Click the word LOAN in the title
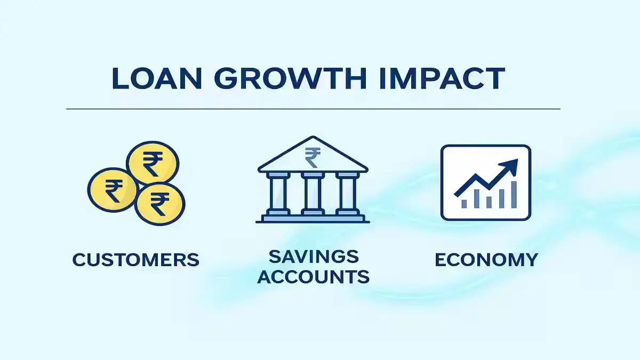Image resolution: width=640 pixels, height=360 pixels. click(157, 78)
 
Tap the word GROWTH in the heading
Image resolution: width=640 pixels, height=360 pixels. click(290, 78)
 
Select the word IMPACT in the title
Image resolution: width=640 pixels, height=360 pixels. click(442, 78)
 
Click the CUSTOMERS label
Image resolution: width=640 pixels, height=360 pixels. click(135, 260)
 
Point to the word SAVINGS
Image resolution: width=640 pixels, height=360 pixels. click(314, 257)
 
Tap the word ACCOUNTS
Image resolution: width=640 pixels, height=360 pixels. click(314, 277)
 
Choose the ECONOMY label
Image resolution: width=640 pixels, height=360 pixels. click(486, 260)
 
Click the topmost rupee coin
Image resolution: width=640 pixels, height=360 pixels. click(153, 163)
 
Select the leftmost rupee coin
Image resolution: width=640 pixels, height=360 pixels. click(113, 190)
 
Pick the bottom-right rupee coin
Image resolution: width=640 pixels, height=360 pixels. click(159, 204)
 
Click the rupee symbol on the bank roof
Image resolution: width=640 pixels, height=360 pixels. click(313, 157)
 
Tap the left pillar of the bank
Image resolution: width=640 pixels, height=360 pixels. click(278, 194)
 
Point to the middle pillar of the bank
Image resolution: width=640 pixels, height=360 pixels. click(313, 194)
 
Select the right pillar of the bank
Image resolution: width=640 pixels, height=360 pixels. click(347, 194)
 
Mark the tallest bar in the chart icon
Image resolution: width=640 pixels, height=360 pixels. click(514, 195)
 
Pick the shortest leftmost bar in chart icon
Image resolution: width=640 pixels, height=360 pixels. click(464, 204)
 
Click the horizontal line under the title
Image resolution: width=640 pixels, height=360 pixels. click(313, 109)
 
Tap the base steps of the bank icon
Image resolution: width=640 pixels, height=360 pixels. click(313, 219)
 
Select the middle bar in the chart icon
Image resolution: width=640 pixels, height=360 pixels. click(489, 202)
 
